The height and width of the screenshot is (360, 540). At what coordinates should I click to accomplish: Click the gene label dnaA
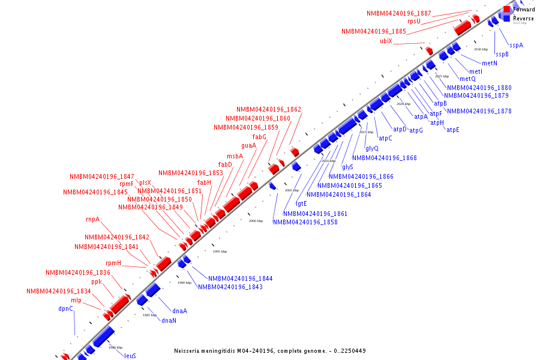click(180, 311)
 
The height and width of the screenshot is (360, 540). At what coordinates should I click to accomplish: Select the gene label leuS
click(130, 356)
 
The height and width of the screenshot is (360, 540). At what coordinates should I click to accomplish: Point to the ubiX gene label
click(386, 41)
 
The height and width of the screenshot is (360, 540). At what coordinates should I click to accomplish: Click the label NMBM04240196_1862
click(269, 109)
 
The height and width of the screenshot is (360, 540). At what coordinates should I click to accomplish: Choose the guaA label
click(249, 145)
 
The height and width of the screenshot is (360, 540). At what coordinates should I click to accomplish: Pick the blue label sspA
click(517, 45)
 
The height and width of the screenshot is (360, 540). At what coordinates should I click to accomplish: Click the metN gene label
click(490, 63)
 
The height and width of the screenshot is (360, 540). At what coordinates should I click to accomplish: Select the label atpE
click(453, 130)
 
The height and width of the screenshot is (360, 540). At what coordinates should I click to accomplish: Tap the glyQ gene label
click(372, 148)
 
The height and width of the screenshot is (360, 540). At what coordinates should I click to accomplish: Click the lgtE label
click(301, 203)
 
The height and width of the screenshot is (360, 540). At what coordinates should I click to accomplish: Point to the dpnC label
click(66, 308)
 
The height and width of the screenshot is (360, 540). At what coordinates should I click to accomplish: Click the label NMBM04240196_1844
click(241, 278)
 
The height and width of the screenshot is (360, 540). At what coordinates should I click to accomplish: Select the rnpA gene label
click(93, 219)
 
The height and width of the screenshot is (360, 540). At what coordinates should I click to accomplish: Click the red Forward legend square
click(507, 10)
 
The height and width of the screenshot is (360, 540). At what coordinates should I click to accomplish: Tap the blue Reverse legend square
click(507, 19)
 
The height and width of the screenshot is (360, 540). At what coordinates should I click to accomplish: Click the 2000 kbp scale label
click(256, 221)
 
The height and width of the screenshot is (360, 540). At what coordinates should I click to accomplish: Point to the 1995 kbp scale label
click(220, 251)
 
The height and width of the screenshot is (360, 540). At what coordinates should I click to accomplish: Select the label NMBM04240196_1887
click(399, 13)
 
